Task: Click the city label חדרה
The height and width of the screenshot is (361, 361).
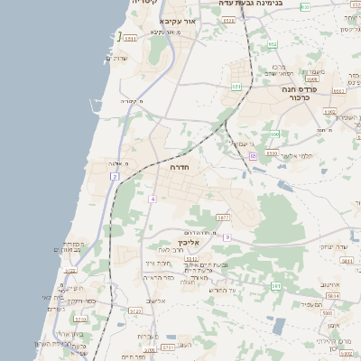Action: tap(178, 167)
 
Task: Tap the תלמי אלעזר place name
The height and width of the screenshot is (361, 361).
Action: tap(294, 155)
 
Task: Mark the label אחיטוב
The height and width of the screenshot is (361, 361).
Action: tap(331, 285)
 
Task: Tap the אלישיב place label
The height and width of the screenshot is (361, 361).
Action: tap(155, 301)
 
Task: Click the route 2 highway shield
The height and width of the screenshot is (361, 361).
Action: tap(115, 176)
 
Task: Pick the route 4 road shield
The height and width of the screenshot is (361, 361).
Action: tap(153, 199)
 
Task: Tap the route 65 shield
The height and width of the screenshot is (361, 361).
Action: tap(253, 156)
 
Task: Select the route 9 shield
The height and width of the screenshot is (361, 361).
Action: tap(227, 237)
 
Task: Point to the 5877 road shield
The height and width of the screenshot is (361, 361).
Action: tap(223, 218)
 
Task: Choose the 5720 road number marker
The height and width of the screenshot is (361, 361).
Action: tap(69, 271)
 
